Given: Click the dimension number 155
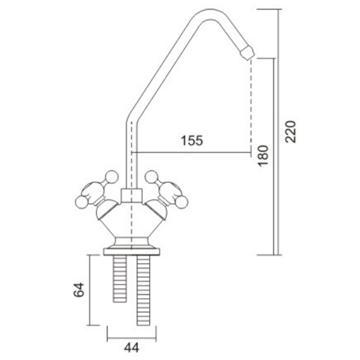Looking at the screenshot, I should tap(192, 142).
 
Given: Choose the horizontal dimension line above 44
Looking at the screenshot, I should tap(130, 333).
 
